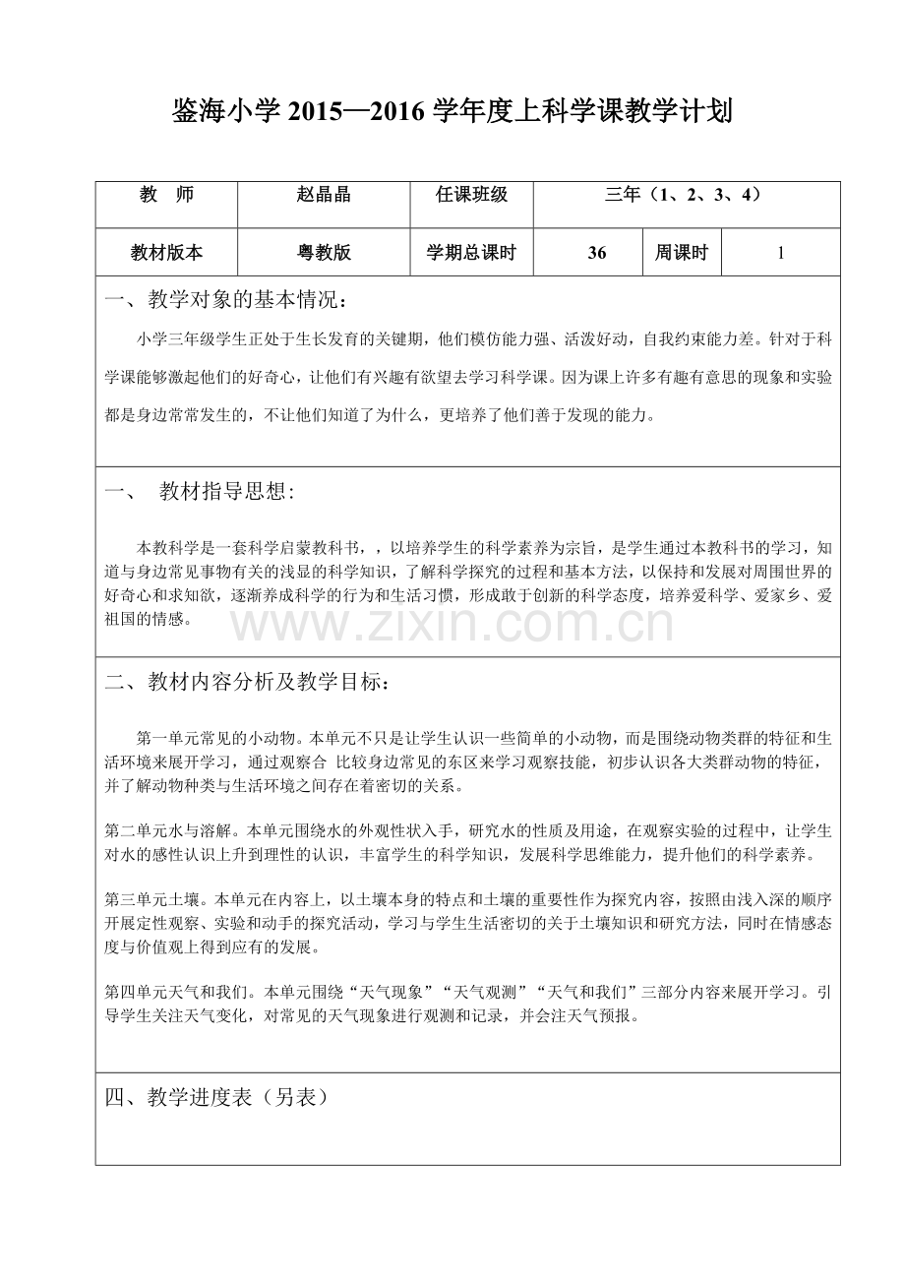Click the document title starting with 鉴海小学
click(x=452, y=112)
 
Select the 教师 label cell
click(x=166, y=195)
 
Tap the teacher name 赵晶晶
click(x=323, y=195)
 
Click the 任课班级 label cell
click(x=471, y=195)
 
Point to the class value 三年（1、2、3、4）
click(x=686, y=195)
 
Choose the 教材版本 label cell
click(x=166, y=253)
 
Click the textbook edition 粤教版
click(x=323, y=253)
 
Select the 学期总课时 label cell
click(x=471, y=253)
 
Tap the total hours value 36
click(x=597, y=253)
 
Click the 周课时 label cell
click(x=682, y=253)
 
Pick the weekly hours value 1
click(x=780, y=253)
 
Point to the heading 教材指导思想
click(x=226, y=493)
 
